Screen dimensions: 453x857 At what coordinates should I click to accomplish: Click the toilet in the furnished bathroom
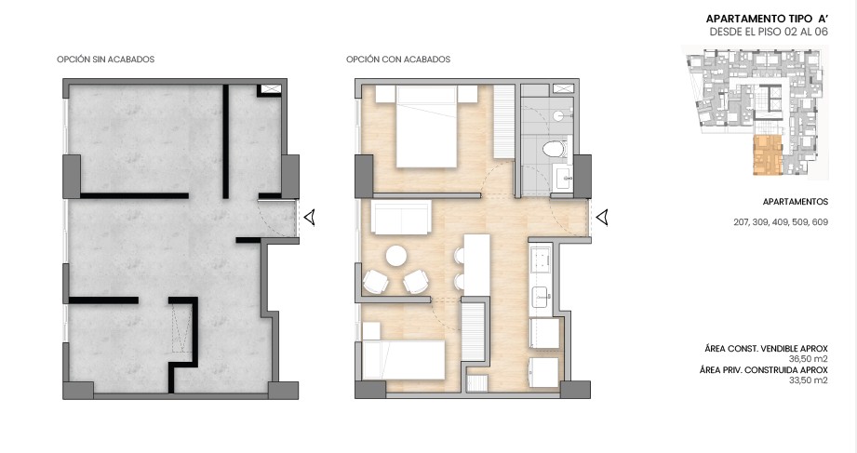click(556, 147)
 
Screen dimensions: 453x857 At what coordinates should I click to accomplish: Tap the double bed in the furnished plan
click(425, 127)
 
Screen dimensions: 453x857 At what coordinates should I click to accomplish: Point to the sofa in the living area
click(401, 220)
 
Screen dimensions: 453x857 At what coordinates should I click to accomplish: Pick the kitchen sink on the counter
click(542, 297)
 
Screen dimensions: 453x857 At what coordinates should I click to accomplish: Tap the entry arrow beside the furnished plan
click(602, 218)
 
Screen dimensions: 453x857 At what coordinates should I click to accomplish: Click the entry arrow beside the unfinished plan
click(311, 218)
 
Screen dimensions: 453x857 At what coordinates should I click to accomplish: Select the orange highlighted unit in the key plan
click(766, 155)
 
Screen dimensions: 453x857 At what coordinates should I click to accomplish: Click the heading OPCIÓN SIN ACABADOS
click(105, 60)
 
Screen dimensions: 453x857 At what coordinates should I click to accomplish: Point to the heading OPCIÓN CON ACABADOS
click(397, 60)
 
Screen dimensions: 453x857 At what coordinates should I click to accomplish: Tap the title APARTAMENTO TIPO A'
click(766, 19)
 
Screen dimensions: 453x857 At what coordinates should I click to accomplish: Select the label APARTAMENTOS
click(795, 202)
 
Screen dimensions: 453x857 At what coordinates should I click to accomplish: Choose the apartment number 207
click(742, 222)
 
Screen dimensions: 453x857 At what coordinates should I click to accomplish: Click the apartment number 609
click(819, 222)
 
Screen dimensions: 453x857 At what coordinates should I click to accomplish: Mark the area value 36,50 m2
click(809, 357)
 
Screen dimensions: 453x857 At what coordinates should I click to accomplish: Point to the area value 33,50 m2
click(809, 379)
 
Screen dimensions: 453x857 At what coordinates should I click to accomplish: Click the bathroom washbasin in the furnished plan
click(562, 177)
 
